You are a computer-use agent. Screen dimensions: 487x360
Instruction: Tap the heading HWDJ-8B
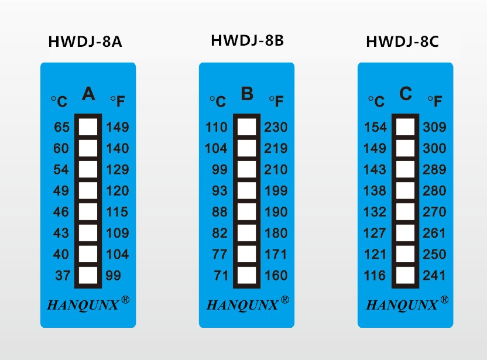[247, 40]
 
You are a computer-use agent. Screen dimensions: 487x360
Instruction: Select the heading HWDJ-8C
[402, 42]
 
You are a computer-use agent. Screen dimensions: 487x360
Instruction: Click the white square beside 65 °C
[88, 127]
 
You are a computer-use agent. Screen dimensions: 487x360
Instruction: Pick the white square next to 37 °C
[88, 275]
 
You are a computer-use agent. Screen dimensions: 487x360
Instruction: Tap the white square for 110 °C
[246, 127]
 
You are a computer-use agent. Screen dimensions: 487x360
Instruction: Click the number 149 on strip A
[118, 127]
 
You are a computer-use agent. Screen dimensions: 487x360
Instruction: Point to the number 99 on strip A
[113, 275]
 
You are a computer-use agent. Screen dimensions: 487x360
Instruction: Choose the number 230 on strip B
[276, 127]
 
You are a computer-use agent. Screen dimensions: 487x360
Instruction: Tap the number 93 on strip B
[220, 191]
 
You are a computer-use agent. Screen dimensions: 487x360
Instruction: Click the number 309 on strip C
[434, 127]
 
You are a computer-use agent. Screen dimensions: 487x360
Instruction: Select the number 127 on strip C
[375, 233]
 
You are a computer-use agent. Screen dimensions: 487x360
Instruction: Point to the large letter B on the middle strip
[247, 94]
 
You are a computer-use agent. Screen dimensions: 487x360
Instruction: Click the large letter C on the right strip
[406, 94]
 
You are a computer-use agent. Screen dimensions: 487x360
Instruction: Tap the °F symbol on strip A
[117, 102]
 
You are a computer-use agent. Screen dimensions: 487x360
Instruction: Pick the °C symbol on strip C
[376, 102]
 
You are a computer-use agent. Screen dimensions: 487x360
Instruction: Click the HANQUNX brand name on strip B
[242, 305]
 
